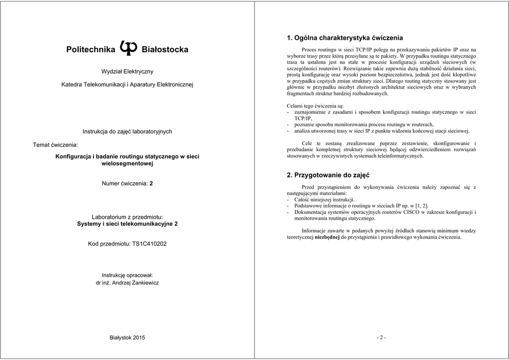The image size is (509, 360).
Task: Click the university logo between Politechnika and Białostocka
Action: [128, 48]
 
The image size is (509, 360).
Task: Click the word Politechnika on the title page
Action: [91, 50]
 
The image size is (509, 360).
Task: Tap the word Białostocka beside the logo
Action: [165, 50]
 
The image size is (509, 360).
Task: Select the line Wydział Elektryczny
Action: [127, 72]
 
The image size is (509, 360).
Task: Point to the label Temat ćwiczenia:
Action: [55, 145]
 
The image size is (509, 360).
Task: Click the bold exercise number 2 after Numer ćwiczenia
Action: [151, 183]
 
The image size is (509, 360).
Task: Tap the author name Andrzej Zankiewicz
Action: [136, 282]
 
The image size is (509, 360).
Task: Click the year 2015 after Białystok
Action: [139, 338]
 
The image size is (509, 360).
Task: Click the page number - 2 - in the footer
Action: [381, 338]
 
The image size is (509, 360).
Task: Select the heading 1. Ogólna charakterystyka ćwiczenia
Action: [345, 38]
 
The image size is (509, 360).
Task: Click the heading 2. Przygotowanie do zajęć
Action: [329, 175]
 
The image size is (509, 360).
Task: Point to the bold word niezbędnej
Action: [327, 237]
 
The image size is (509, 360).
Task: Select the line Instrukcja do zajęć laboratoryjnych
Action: [127, 132]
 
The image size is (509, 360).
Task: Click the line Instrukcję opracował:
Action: [127, 275]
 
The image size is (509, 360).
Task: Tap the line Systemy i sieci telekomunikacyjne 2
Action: [127, 224]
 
